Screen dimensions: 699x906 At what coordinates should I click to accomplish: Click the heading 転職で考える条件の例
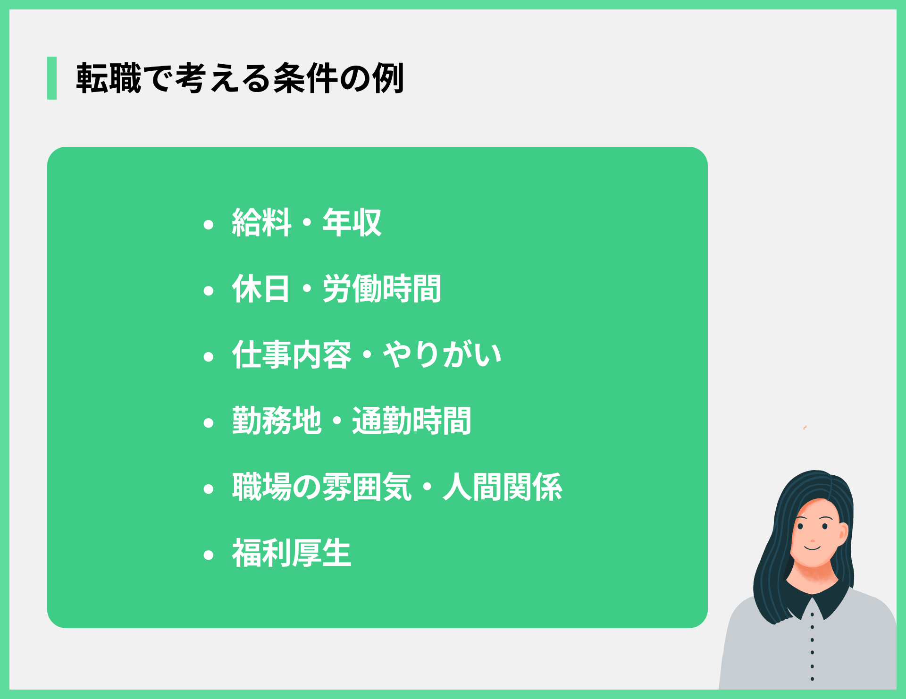pos(240,78)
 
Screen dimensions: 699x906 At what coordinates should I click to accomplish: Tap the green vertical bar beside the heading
pos(52,78)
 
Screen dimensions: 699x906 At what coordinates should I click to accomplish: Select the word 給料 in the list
pos(261,223)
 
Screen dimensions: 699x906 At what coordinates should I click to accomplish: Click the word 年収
pos(352,223)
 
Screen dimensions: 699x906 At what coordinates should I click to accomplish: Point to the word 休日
pos(261,289)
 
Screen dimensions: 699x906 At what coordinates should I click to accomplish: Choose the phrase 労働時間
pos(382,289)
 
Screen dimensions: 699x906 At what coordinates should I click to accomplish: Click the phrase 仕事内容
pos(292,355)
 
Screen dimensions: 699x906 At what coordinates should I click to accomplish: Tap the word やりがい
pos(442,355)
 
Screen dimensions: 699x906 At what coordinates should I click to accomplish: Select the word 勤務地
pos(277,421)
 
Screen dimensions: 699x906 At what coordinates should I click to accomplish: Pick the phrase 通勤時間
pos(411,421)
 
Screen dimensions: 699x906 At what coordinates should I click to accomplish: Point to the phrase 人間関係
pos(503,487)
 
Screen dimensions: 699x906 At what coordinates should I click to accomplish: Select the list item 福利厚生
pos(292,553)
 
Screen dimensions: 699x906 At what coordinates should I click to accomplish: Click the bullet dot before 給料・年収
pos(209,225)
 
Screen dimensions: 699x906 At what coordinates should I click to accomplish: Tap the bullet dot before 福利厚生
pos(209,555)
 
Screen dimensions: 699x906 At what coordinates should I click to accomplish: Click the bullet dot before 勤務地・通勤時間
pos(209,423)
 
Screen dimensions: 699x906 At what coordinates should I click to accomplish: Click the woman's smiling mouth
pos(813,548)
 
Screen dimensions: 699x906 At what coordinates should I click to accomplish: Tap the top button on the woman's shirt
pos(812,615)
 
